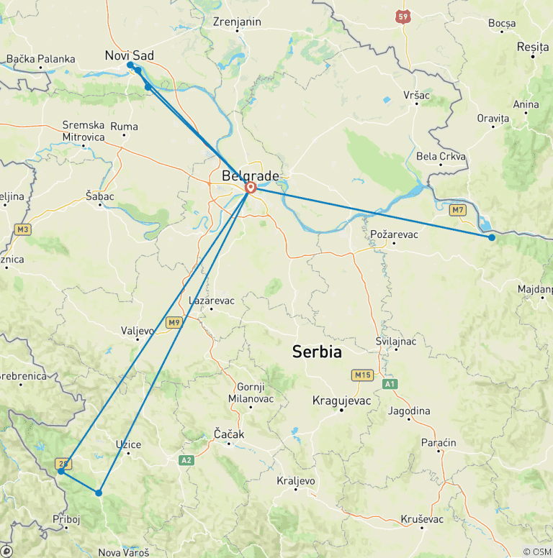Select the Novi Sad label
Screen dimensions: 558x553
[x=129, y=55]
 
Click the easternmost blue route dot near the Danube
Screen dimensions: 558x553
[x=492, y=237]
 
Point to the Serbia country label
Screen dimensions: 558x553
[x=317, y=352]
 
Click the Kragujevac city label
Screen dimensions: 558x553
[x=341, y=401]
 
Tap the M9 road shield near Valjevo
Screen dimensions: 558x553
[x=174, y=323]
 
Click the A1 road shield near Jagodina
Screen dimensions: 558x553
[x=390, y=385]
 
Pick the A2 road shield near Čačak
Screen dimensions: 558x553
[x=187, y=460]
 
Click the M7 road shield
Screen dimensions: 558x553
[x=457, y=210]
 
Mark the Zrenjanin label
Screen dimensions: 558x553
[x=237, y=22]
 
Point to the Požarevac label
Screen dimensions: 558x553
[x=394, y=234]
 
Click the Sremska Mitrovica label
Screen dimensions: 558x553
[x=84, y=131]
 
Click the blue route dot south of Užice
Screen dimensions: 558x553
[x=99, y=493]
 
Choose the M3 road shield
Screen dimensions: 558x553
[x=22, y=229]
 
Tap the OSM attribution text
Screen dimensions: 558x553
[x=537, y=552]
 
